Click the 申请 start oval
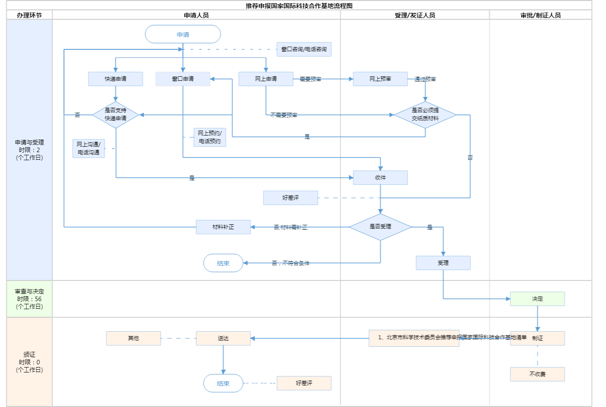(x=183, y=35)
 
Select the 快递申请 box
(x=115, y=79)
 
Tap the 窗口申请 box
(x=183, y=79)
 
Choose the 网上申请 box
(x=266, y=79)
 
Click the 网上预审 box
(x=380, y=79)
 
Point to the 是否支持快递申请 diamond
(x=115, y=114)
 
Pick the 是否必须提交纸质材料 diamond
(x=425, y=114)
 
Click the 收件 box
(x=380, y=178)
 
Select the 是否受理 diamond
(x=380, y=227)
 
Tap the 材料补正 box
(x=223, y=227)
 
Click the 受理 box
(x=443, y=263)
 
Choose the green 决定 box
(x=537, y=299)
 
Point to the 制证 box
(x=537, y=338)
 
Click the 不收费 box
(x=537, y=374)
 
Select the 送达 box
(x=223, y=338)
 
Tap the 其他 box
(x=133, y=338)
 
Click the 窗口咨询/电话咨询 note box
(x=304, y=49)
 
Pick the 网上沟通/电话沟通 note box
(x=88, y=149)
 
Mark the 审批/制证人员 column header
(x=540, y=15)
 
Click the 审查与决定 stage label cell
(x=29, y=299)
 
